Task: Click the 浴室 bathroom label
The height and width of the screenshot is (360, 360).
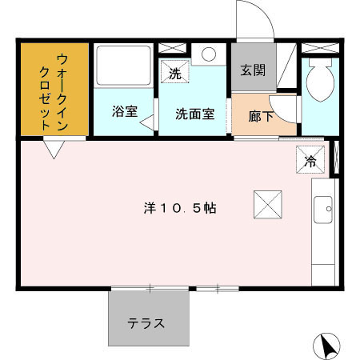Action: tap(124, 113)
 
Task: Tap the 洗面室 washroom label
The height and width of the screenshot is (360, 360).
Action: tap(194, 113)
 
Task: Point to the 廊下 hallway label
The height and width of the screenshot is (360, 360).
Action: tap(260, 116)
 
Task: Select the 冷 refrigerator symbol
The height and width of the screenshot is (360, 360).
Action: tap(311, 161)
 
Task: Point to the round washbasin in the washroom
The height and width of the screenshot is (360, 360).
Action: tap(210, 54)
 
